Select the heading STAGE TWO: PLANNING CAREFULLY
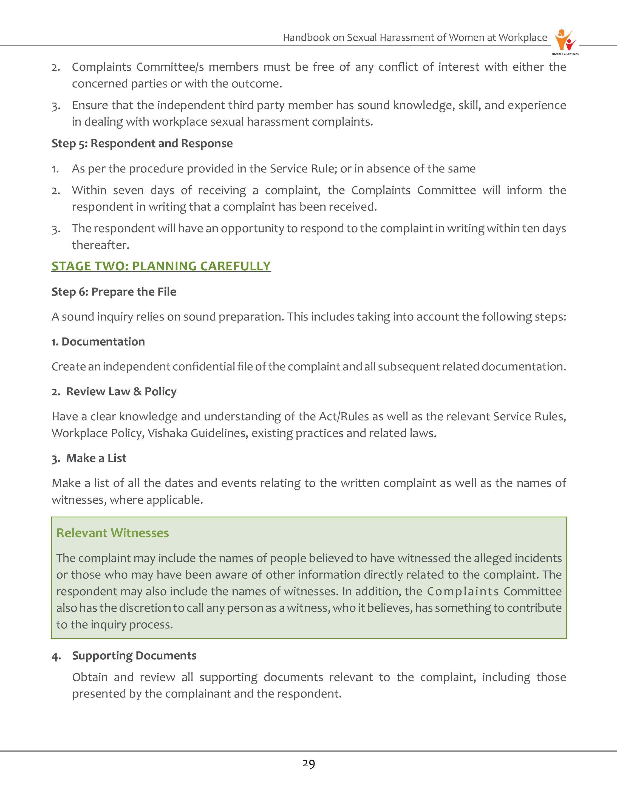click(161, 266)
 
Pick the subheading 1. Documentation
click(98, 342)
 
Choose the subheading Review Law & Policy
click(121, 392)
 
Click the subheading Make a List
click(96, 458)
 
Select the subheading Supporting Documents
click(134, 656)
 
